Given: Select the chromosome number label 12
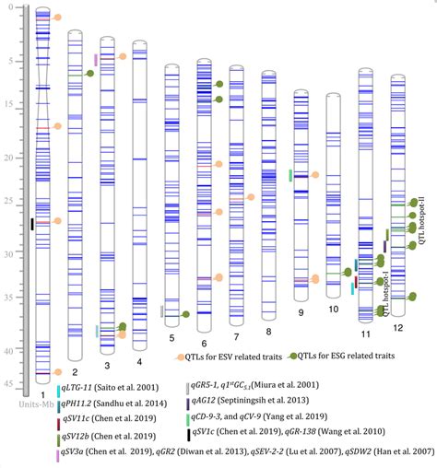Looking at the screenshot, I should (x=397, y=328).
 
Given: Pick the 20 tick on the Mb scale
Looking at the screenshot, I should (x=16, y=158).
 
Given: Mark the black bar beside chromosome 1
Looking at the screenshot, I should (x=32, y=224).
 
